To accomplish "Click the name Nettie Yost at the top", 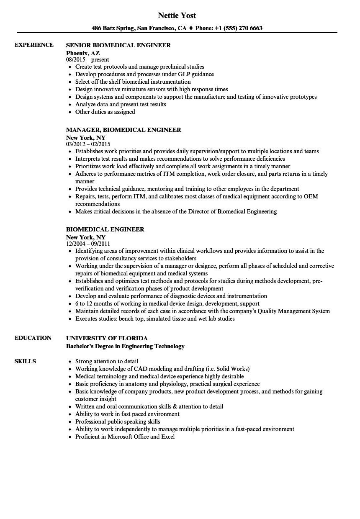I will point(177,15).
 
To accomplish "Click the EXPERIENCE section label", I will point(34,45).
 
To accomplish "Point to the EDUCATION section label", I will point(33,338).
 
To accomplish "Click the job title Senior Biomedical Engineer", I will point(118,45).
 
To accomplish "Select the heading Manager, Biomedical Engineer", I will point(123,130).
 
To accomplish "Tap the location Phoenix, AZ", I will point(83,53).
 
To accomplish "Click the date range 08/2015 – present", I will point(87,59).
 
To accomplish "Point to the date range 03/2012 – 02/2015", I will point(88,144).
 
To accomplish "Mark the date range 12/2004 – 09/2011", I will point(88,244).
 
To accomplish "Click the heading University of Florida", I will point(107,338).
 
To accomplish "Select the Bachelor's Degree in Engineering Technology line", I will point(125,346).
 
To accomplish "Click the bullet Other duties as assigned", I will point(105,112).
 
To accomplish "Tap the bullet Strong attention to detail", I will point(106,361).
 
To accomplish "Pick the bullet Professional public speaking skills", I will point(118,421).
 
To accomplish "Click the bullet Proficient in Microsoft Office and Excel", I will point(125,437).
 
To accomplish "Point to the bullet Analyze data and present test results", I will point(121,104).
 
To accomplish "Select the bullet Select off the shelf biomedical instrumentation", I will point(133,82).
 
